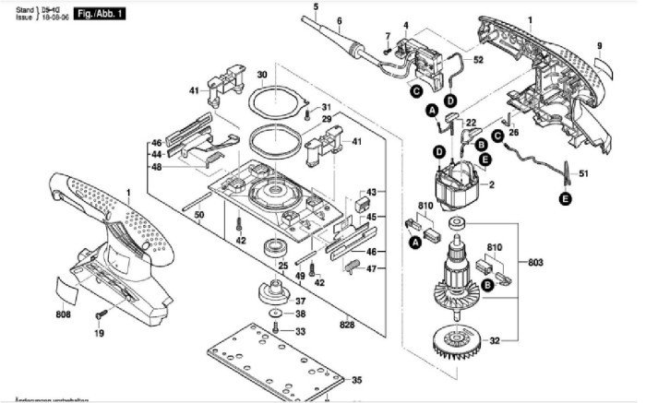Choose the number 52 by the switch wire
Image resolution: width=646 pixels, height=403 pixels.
pyautogui.click(x=478, y=60)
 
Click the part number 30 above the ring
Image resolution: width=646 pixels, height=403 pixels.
pyautogui.click(x=262, y=75)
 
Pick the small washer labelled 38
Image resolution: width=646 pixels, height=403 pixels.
pyautogui.click(x=277, y=314)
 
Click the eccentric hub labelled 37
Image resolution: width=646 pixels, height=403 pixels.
pyautogui.click(x=273, y=297)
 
